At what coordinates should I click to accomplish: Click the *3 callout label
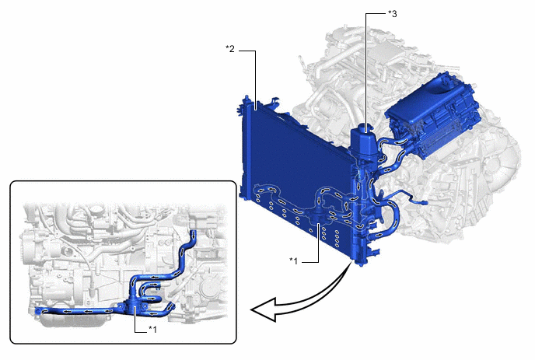(x=393, y=14)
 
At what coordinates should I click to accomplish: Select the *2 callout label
(x=230, y=49)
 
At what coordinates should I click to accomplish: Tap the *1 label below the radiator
(x=294, y=261)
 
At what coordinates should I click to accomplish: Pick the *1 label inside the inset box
(x=152, y=330)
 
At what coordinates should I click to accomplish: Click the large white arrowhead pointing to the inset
(x=264, y=309)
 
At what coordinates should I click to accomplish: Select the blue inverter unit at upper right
(x=433, y=115)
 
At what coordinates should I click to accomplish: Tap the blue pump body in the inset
(x=135, y=304)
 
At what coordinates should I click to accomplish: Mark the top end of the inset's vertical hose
(x=193, y=232)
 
